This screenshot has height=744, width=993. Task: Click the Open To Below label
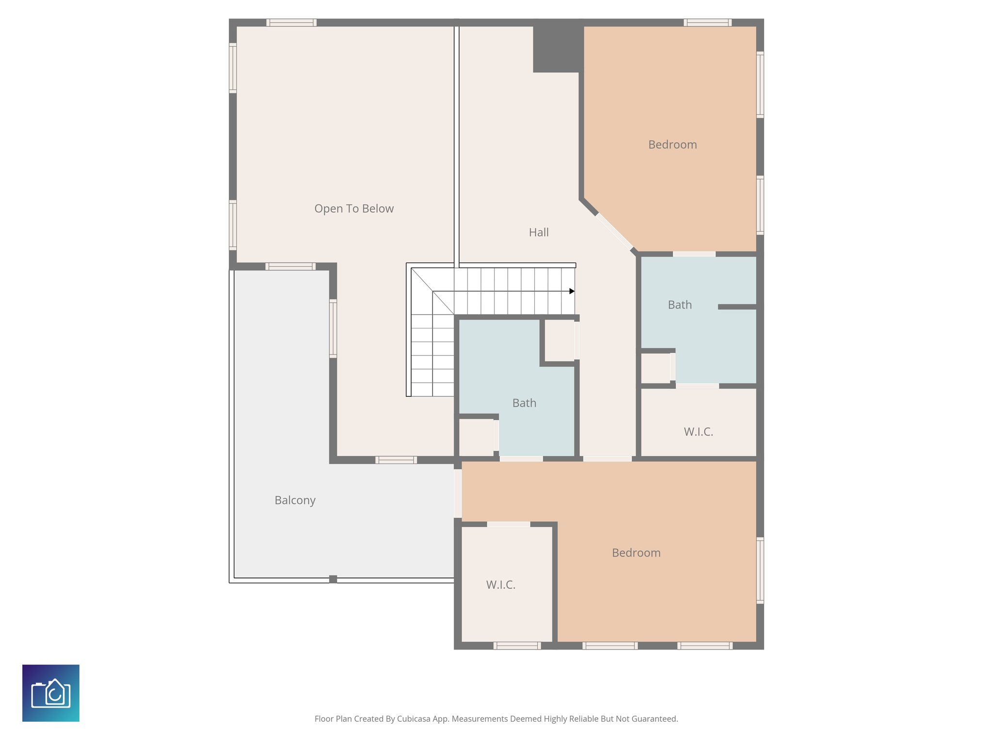(x=354, y=209)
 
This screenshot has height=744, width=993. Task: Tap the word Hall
(x=539, y=232)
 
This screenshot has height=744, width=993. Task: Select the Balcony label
(x=295, y=500)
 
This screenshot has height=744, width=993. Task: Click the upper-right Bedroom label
(x=673, y=145)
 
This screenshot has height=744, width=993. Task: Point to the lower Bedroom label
(x=636, y=553)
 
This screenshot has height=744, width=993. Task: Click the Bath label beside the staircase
(x=524, y=403)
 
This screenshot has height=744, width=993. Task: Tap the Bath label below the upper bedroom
(x=680, y=305)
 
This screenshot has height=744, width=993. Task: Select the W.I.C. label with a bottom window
(x=500, y=585)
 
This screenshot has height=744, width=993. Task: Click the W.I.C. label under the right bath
(x=698, y=432)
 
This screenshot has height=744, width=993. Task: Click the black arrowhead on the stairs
(x=572, y=291)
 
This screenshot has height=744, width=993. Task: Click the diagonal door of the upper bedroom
(x=614, y=232)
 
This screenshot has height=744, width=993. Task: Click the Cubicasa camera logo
(x=51, y=693)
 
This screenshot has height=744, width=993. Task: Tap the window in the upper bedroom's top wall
(x=707, y=23)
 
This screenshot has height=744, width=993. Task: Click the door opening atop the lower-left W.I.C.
(x=509, y=524)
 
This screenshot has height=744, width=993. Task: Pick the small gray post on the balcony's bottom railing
(x=333, y=579)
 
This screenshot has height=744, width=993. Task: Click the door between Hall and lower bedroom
(x=607, y=458)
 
